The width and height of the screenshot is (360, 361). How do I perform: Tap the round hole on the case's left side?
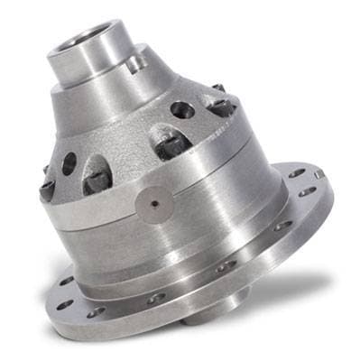69,162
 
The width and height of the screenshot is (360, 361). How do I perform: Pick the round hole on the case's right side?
182,110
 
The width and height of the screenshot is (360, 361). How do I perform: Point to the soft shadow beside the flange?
298,280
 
